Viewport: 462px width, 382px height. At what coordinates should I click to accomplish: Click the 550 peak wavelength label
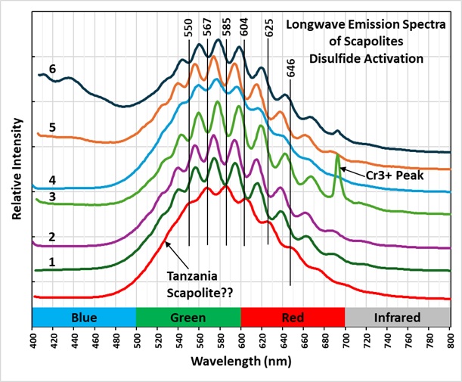(x=188, y=29)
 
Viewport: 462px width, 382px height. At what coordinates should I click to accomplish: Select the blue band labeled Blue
(x=83, y=317)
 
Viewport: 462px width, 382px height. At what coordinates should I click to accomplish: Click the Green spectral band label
(x=188, y=317)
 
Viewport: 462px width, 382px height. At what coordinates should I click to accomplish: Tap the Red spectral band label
(x=292, y=317)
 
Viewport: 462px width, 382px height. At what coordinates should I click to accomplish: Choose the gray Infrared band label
(x=397, y=317)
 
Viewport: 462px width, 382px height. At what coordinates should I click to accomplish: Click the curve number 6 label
(x=52, y=69)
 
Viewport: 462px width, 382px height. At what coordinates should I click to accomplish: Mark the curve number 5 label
(x=52, y=128)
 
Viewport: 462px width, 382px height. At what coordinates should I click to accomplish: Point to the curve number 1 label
(x=52, y=262)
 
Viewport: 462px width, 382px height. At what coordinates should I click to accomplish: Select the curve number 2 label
(x=52, y=237)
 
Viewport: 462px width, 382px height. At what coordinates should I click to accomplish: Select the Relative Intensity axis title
(x=15, y=166)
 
